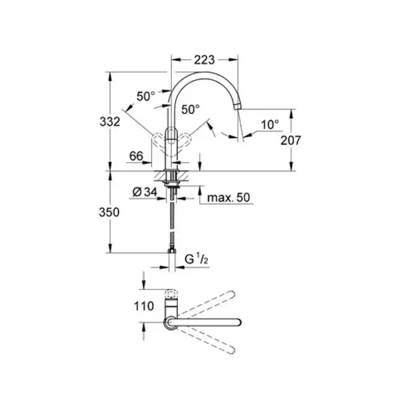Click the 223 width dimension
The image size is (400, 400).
click(x=205, y=60)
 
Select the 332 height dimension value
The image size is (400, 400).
click(x=110, y=122)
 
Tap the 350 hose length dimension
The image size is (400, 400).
click(x=109, y=212)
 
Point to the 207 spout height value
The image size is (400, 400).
click(x=291, y=140)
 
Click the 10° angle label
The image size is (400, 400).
click(x=270, y=125)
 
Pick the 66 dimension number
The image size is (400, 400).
click(x=136, y=156)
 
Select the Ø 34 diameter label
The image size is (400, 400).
click(x=145, y=192)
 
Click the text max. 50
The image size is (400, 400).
click(x=229, y=198)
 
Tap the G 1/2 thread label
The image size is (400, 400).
click(x=197, y=260)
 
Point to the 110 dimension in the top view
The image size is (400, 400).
click(x=144, y=306)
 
